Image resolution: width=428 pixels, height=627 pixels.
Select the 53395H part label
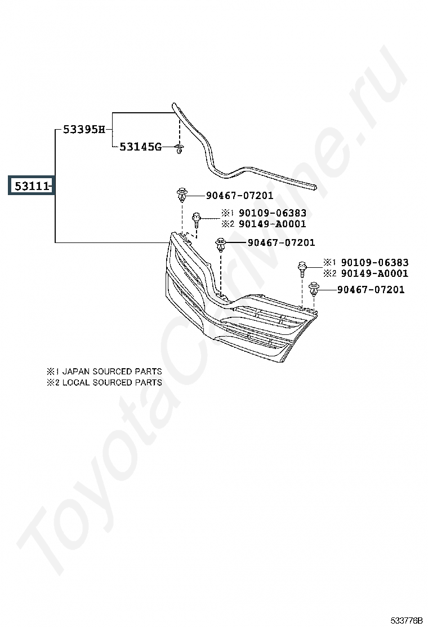point(83,130)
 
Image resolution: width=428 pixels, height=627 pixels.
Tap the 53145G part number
point(140,147)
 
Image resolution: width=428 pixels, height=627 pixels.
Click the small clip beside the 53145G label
point(179,149)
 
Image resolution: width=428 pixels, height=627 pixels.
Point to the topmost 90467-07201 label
point(239,196)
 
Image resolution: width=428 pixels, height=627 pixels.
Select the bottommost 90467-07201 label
point(371,290)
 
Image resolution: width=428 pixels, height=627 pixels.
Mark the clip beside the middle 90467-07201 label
point(221,244)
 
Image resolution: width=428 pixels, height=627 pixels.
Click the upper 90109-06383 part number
point(272,213)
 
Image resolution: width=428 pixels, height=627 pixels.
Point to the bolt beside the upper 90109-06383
point(197,218)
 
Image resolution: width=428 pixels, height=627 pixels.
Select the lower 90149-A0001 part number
point(374,273)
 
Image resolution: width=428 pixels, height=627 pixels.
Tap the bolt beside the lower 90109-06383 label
point(302,268)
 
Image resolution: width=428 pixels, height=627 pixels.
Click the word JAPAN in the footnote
point(76,372)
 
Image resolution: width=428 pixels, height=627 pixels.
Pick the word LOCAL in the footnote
point(75,382)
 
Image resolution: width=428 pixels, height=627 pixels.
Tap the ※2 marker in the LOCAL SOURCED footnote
point(52,382)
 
